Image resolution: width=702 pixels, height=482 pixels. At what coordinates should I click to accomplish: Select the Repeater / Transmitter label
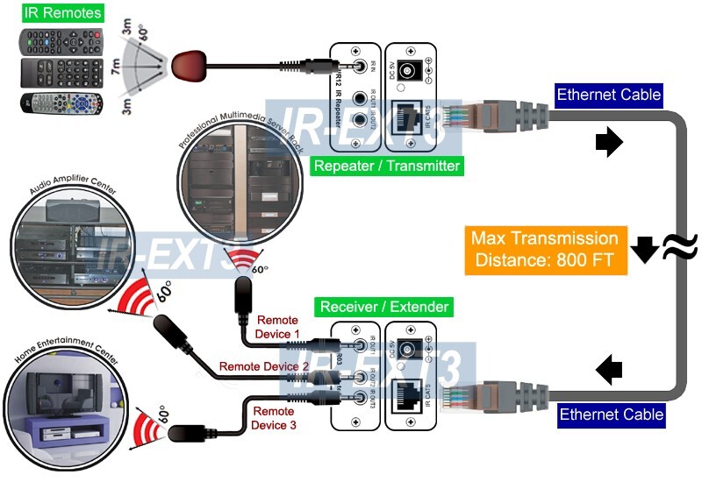(387, 165)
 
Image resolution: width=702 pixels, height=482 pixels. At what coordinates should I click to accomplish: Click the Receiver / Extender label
(384, 307)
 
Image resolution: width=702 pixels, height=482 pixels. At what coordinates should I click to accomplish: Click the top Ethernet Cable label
(609, 95)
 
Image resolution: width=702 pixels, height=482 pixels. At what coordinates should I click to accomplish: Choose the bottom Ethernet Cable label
(611, 414)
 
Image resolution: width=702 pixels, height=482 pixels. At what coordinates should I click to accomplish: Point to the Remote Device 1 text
(277, 328)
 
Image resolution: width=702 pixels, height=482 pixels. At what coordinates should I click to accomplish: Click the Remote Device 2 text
(264, 366)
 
